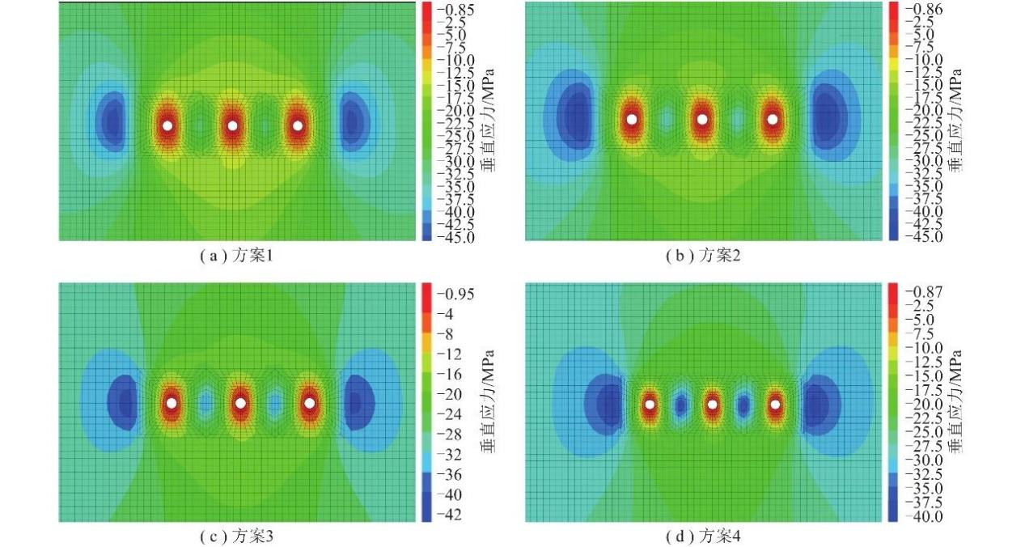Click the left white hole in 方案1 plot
pyautogui.click(x=167, y=125)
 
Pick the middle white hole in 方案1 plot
pyautogui.click(x=233, y=125)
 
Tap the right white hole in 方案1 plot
pyautogui.click(x=298, y=125)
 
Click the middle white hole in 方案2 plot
pyautogui.click(x=702, y=119)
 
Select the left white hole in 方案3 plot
pyautogui.click(x=172, y=402)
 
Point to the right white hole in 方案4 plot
pyautogui.click(x=775, y=404)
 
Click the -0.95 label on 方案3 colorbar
pyautogui.click(x=455, y=294)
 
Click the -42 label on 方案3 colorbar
pyautogui.click(x=450, y=515)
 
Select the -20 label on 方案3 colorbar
pyautogui.click(x=450, y=394)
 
